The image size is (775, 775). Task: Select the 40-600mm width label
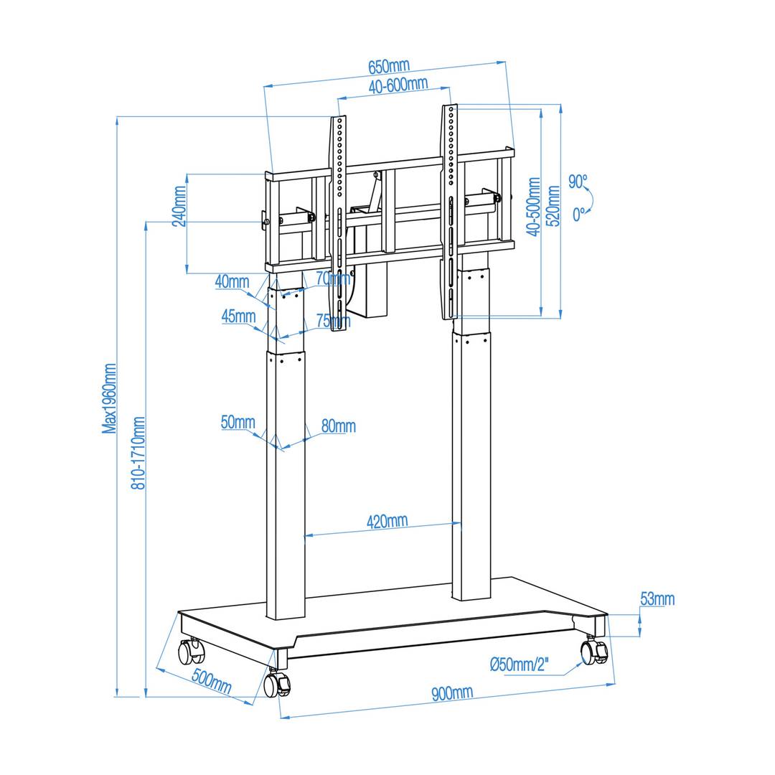[398, 85]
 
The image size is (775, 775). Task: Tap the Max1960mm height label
[109, 398]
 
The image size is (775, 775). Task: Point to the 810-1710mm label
[138, 453]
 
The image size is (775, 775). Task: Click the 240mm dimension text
[179, 206]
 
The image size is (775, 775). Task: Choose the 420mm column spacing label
[387, 522]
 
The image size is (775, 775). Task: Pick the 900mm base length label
[452, 693]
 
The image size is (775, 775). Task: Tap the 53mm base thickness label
[657, 599]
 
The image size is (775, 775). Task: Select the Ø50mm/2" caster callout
[519, 665]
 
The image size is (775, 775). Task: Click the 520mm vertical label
[553, 206]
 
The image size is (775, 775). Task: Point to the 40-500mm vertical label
[533, 207]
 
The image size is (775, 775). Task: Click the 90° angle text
[578, 182]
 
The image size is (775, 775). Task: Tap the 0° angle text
[578, 214]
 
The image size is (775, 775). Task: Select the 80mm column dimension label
[338, 426]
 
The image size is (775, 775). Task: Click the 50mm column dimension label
[238, 422]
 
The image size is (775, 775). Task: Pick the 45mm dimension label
[238, 316]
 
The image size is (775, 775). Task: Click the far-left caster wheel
[191, 652]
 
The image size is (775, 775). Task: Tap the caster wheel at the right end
[593, 652]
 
